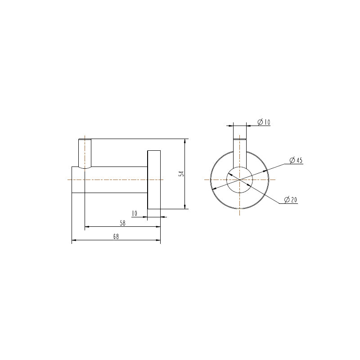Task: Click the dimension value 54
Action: click(x=181, y=174)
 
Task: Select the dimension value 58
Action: click(x=122, y=223)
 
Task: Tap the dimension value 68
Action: click(x=116, y=237)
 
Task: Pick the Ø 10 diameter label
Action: click(x=263, y=122)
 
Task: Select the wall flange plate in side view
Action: click(x=154, y=179)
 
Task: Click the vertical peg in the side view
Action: click(x=85, y=153)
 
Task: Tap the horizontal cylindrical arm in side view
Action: click(x=116, y=179)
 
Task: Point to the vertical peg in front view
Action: click(x=240, y=151)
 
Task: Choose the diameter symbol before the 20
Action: click(x=287, y=200)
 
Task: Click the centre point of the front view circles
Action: click(x=240, y=180)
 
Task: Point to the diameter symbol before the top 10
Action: click(x=260, y=122)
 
